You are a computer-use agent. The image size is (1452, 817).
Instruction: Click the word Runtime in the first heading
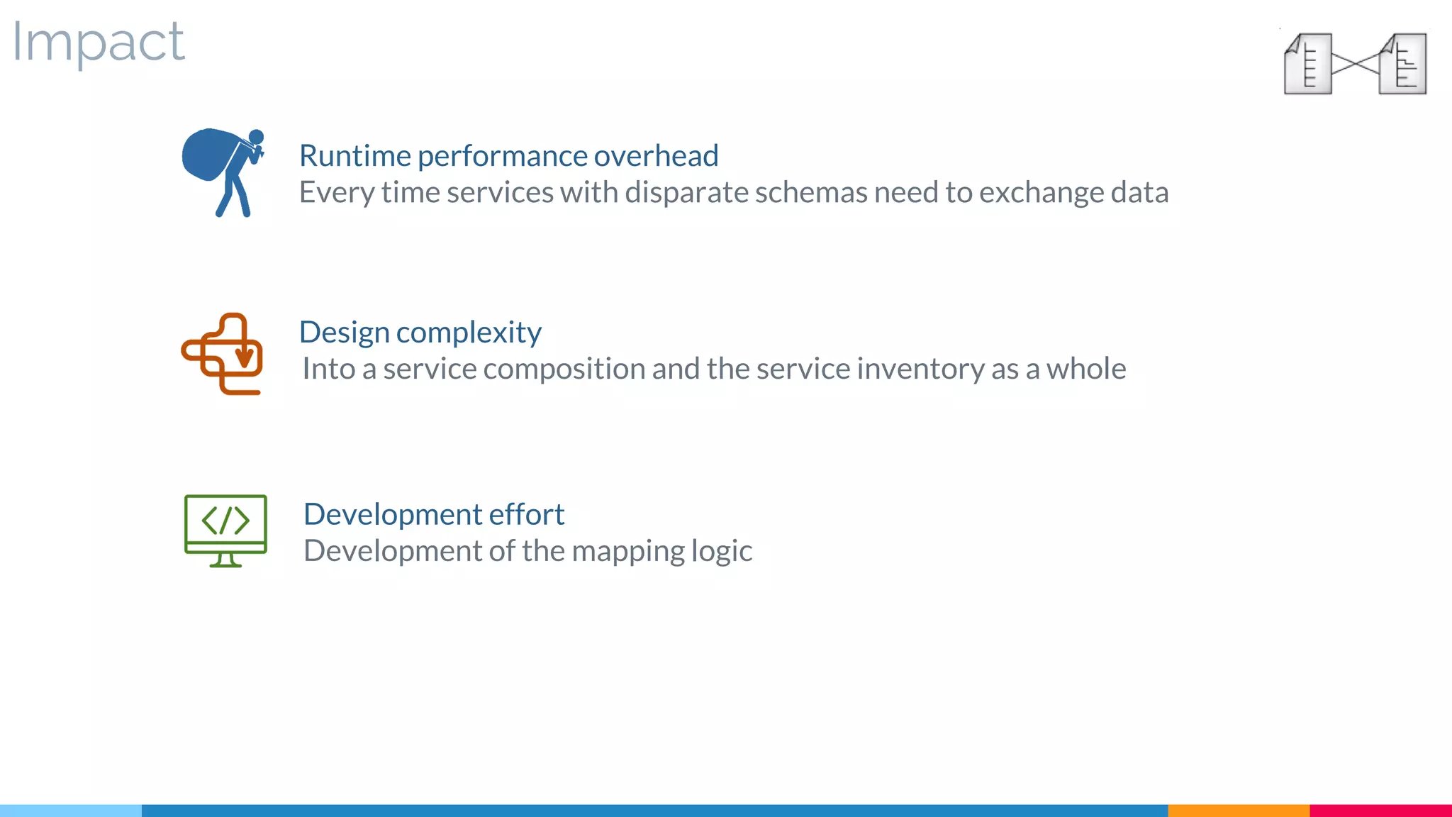coord(354,156)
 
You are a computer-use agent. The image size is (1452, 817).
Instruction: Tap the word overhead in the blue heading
coord(656,156)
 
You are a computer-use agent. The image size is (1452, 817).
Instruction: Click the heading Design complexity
coord(420,332)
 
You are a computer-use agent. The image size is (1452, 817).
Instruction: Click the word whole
coord(1085,369)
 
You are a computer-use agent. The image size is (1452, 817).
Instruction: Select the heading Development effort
coord(433,514)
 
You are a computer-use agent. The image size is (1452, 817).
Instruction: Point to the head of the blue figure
coord(256,137)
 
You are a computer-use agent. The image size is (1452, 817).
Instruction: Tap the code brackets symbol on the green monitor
coord(225,521)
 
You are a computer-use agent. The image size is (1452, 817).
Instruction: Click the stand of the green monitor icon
coord(225,560)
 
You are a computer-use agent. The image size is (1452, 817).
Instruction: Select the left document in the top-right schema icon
coord(1308,64)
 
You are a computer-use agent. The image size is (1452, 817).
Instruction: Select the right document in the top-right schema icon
coord(1403,64)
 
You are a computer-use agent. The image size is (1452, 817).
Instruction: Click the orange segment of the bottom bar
coord(1238,810)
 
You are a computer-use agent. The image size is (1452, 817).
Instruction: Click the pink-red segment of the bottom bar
coord(1380,810)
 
